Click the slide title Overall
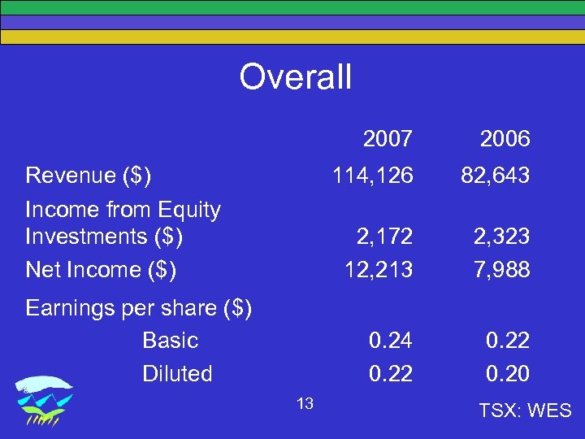pyautogui.click(x=295, y=77)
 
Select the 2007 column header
pyautogui.click(x=388, y=139)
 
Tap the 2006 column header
pyautogui.click(x=505, y=139)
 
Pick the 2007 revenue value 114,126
pyautogui.click(x=372, y=175)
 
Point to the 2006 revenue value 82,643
pyautogui.click(x=496, y=175)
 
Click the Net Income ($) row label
pyautogui.click(x=101, y=268)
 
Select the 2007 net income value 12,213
pyautogui.click(x=379, y=268)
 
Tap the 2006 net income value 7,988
pyautogui.click(x=501, y=268)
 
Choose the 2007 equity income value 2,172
pyautogui.click(x=384, y=237)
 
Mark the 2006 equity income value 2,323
pyautogui.click(x=501, y=237)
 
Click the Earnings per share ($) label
pyautogui.click(x=139, y=309)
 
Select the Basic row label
pyautogui.click(x=170, y=340)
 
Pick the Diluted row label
pyautogui.click(x=177, y=374)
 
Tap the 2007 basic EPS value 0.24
pyautogui.click(x=391, y=340)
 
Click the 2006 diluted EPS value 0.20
pyautogui.click(x=508, y=374)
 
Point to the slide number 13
pyautogui.click(x=305, y=404)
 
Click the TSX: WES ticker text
pyautogui.click(x=526, y=411)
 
